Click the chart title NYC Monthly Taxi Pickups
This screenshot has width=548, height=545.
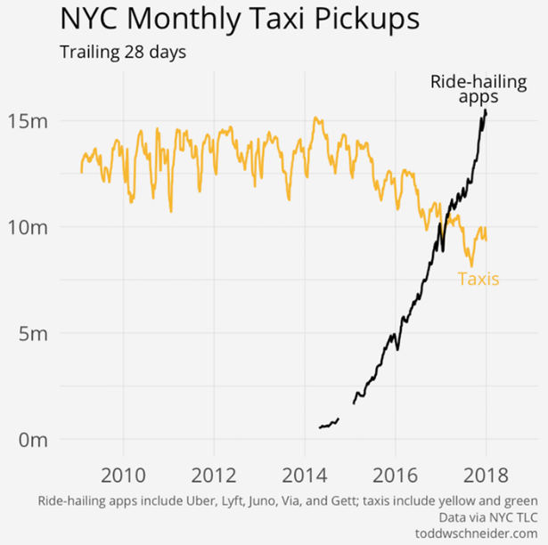240,20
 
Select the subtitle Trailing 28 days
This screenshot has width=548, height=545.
122,52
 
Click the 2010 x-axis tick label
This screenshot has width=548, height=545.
125,472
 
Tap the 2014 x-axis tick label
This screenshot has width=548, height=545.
306,472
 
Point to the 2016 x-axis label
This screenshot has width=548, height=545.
396,472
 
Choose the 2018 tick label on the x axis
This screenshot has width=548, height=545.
486,472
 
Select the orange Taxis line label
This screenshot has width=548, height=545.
478,279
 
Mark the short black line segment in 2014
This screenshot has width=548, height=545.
329,424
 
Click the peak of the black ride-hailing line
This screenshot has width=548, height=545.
485,110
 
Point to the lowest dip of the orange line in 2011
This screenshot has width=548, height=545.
170,211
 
